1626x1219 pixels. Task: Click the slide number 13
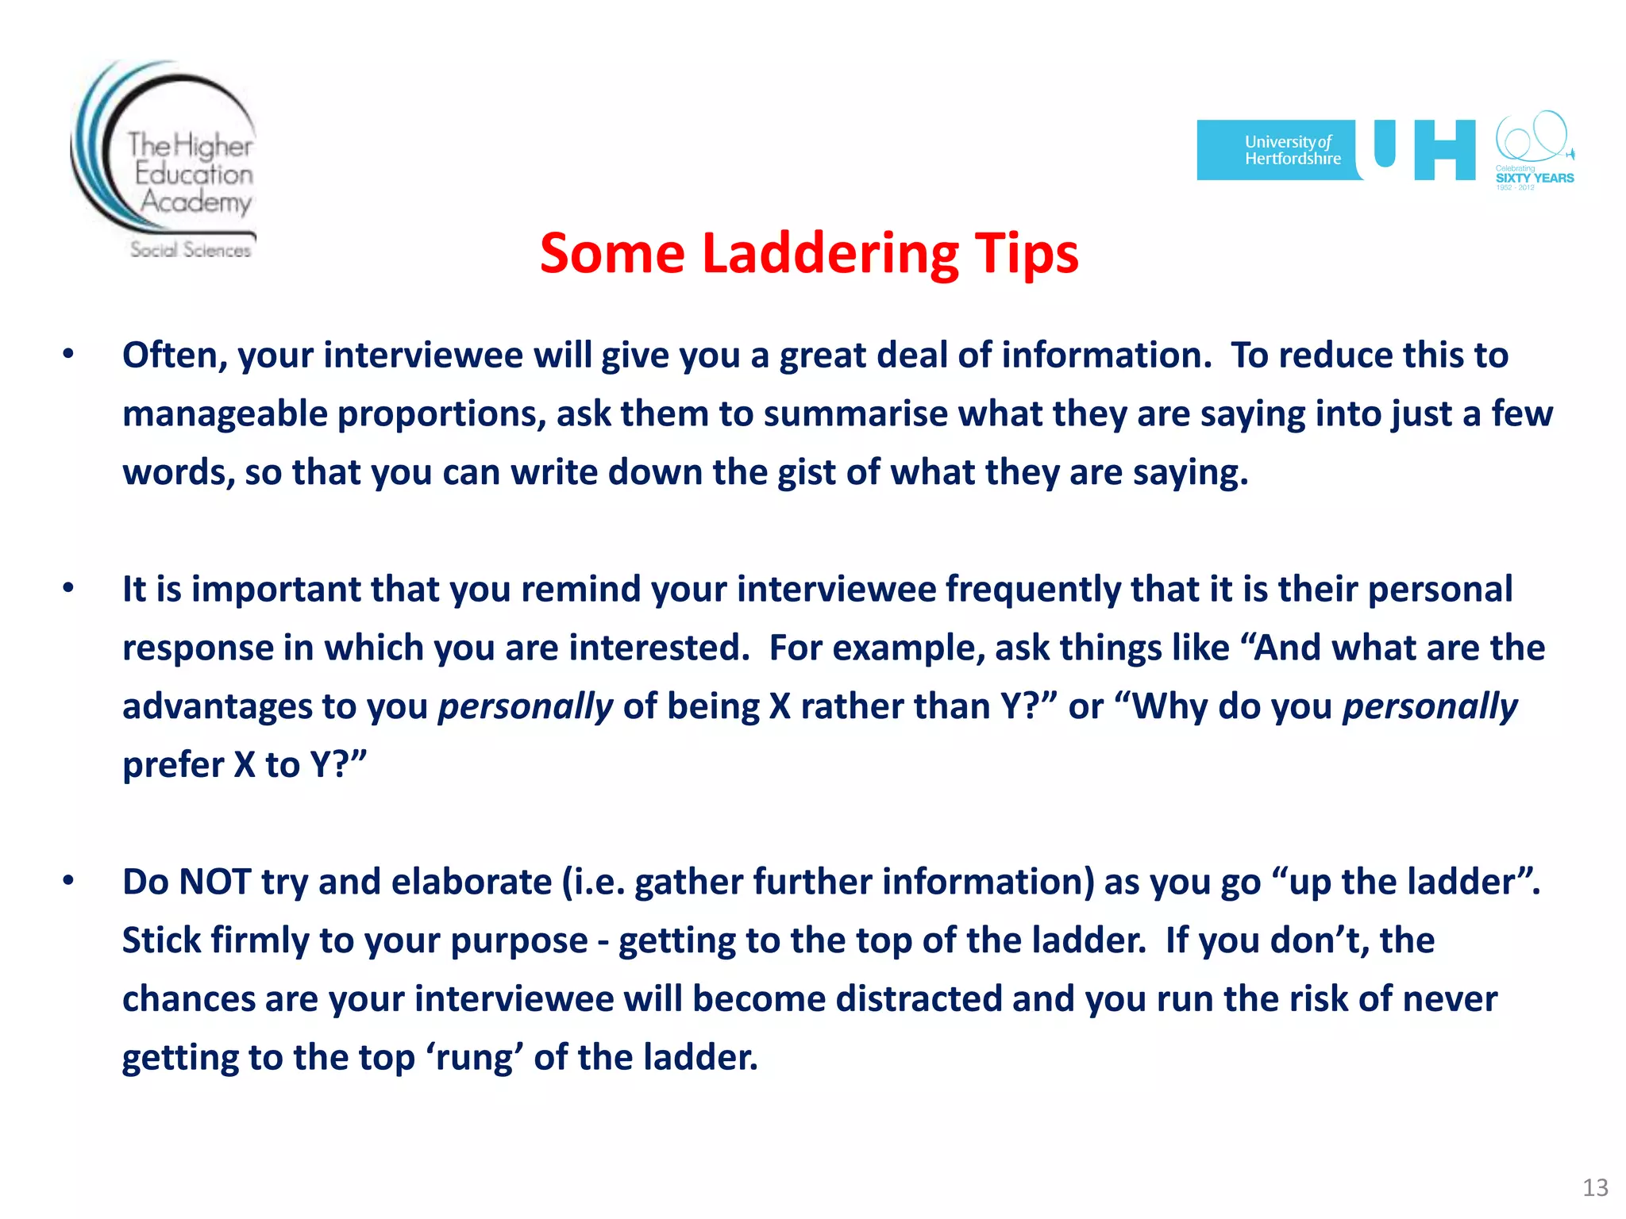point(1595,1187)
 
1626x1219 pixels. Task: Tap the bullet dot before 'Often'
point(69,354)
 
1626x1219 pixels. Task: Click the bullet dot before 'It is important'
point(69,588)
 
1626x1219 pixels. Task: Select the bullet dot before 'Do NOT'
point(69,881)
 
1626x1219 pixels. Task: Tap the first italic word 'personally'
point(526,706)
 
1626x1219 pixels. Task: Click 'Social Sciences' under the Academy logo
point(191,250)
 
